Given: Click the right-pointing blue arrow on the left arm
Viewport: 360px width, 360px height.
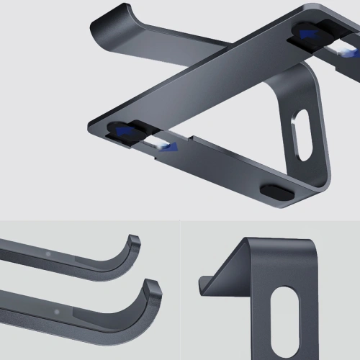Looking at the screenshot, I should (168, 148).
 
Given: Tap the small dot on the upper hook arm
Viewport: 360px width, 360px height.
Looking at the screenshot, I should (48, 253).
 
